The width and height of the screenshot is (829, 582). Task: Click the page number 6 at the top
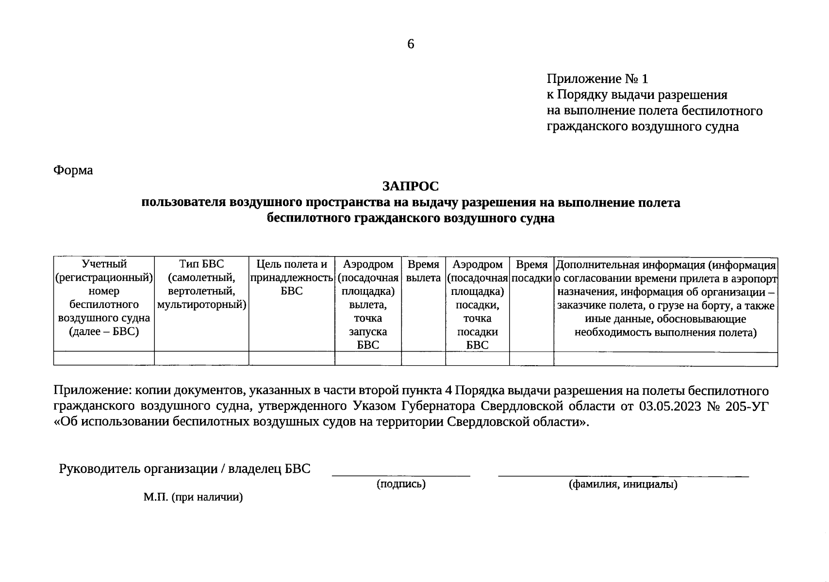(x=411, y=44)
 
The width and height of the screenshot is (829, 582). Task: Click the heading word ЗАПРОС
(x=410, y=186)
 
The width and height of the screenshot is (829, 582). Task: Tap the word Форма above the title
(x=73, y=170)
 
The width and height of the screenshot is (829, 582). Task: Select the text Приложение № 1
(x=597, y=79)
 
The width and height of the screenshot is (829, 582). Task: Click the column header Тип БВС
(x=201, y=264)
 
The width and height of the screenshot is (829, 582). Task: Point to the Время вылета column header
(x=423, y=271)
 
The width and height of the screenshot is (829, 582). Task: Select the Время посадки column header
(x=531, y=271)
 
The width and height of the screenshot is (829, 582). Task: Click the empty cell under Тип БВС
(x=201, y=358)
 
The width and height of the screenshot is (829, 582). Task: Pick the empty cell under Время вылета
(x=423, y=358)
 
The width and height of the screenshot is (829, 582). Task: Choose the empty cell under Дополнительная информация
(x=665, y=359)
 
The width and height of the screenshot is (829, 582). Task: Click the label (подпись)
(x=401, y=484)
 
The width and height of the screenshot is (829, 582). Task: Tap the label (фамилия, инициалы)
(x=623, y=484)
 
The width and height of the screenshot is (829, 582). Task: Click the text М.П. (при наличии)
(x=193, y=497)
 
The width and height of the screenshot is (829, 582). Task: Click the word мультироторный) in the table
(x=201, y=305)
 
